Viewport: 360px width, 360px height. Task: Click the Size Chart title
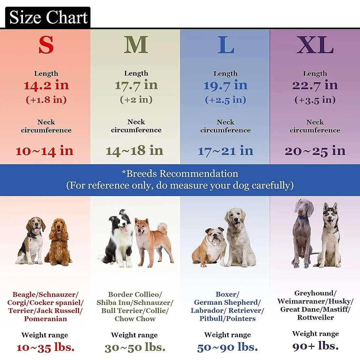coord(48,17)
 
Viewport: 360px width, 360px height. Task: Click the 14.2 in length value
coord(46,85)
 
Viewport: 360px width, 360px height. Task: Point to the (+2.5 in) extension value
coord(226,100)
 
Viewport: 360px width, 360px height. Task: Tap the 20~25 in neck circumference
coord(315,151)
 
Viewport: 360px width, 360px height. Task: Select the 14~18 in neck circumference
coord(134,151)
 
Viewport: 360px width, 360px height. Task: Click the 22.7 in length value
coord(315,85)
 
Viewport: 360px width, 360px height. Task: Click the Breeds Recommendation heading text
coord(180,174)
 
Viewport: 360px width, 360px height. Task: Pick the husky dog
coord(329,236)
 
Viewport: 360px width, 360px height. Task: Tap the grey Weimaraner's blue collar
coord(302,217)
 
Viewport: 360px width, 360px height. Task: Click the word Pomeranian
coord(46,319)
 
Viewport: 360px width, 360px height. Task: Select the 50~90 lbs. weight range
coord(227,347)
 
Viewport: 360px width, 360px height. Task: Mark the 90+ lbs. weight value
coord(316,346)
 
